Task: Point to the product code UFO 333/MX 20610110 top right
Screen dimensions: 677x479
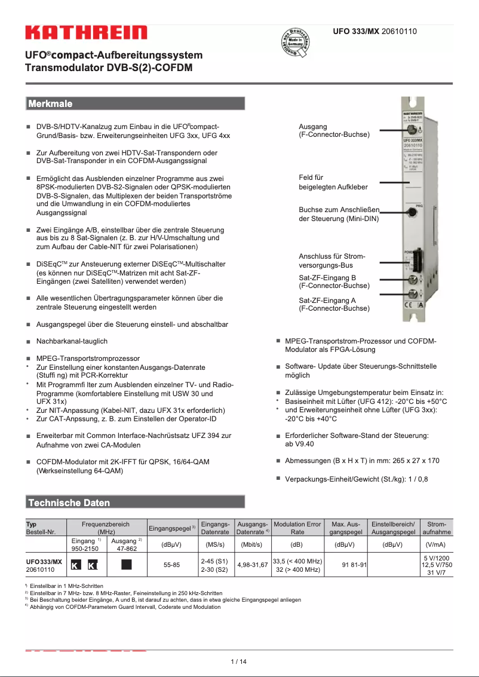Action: point(374,31)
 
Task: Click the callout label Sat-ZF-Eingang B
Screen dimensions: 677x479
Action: point(334,282)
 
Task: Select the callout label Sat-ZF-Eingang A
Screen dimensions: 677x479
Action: point(334,305)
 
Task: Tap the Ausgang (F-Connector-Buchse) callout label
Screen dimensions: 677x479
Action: point(334,131)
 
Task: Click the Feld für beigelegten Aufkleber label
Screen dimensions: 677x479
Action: point(333,182)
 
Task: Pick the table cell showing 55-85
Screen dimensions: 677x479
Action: point(171,565)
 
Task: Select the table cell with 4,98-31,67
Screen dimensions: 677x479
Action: point(252,565)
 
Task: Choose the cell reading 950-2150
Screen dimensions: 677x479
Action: point(85,547)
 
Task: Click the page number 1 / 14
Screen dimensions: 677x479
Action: point(239,661)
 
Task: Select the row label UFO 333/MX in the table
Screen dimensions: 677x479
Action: point(44,562)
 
